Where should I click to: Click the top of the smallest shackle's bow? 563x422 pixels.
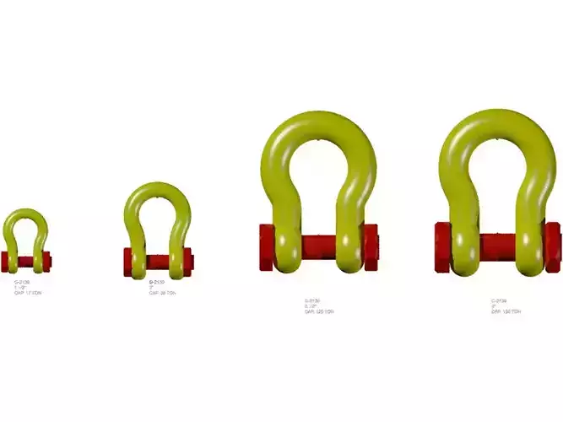coord(25,212)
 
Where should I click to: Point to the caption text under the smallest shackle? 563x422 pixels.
coord(27,287)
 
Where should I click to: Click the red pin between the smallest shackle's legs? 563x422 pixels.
coord(25,261)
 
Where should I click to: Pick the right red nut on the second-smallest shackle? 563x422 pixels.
coord(187,261)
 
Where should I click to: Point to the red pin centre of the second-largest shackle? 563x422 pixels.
coord(318,246)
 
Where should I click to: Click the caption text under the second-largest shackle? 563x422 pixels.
coord(319,306)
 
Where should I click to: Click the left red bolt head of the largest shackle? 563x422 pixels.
coord(442,246)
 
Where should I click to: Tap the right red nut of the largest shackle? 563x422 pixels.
coord(552,246)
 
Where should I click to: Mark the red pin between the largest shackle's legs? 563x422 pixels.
coord(498,246)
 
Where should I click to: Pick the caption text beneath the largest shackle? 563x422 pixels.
coord(506,306)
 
